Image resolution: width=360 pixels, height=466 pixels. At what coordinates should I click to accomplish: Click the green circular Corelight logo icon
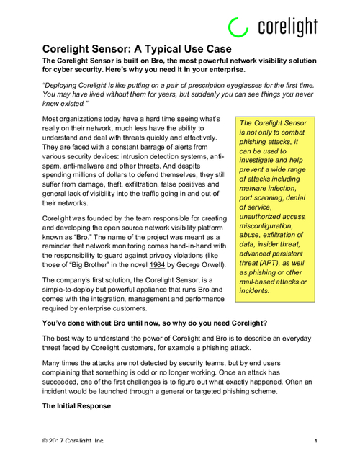pos(237,27)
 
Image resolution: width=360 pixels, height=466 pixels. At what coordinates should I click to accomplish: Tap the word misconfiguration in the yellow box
pos(269,224)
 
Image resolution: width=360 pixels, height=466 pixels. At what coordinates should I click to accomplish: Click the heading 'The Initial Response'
pos(76,406)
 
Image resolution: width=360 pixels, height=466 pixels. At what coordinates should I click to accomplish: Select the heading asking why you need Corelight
pos(156,322)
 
